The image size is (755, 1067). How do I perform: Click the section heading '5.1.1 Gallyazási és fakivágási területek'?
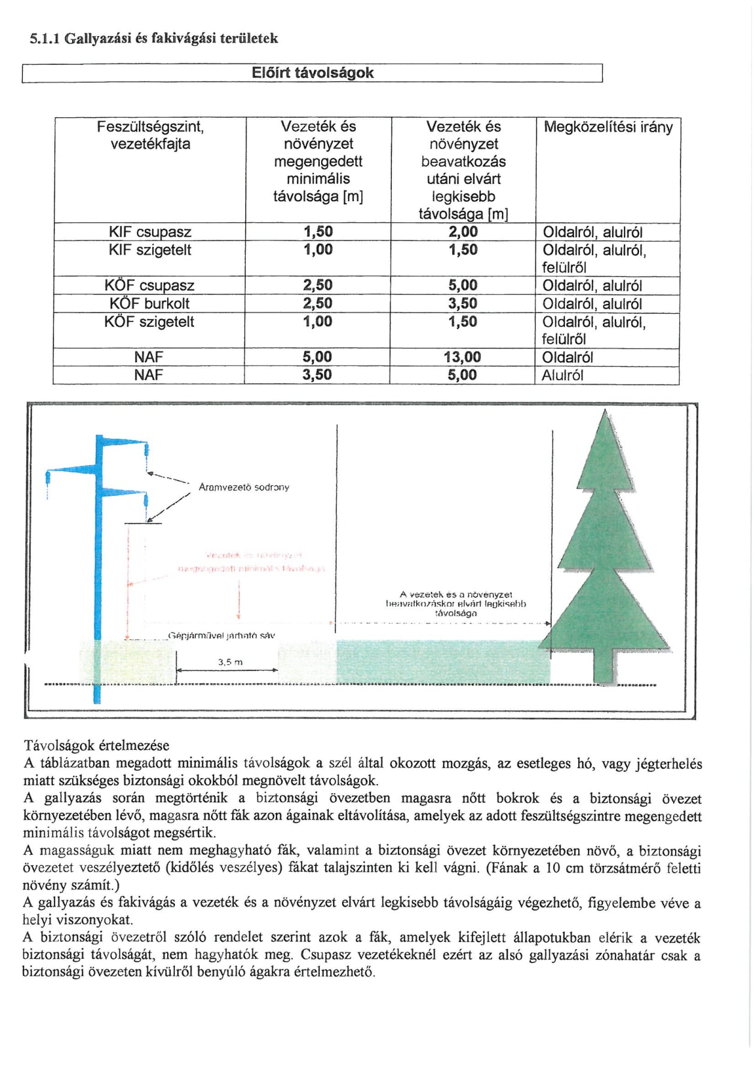(154, 39)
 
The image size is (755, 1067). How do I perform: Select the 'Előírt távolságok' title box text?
(313, 73)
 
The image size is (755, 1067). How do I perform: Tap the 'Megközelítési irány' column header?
(608, 127)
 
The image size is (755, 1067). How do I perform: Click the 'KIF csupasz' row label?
(150, 233)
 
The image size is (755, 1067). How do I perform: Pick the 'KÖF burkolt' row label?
(150, 304)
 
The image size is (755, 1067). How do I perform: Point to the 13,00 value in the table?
(462, 357)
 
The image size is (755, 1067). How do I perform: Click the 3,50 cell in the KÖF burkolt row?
(462, 304)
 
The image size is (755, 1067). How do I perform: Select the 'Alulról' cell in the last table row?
(563, 375)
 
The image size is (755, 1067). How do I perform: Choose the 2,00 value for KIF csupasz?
(463, 233)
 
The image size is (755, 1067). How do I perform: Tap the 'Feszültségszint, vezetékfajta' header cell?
(150, 135)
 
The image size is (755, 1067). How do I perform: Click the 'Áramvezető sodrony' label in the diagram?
(243, 487)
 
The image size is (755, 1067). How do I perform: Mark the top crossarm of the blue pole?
(123, 442)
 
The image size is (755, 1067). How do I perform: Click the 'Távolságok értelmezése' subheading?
(97, 746)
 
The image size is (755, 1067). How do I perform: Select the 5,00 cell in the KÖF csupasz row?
(463, 286)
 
